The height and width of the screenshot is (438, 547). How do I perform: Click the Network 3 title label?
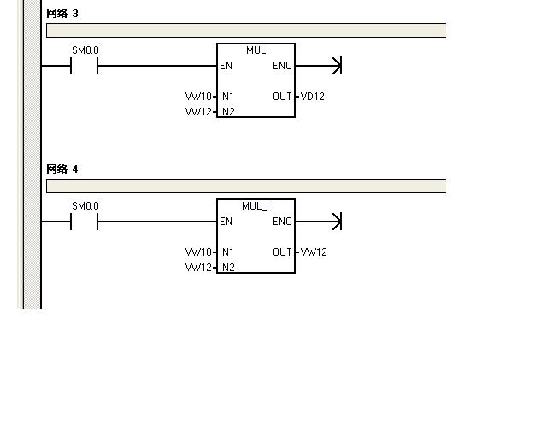pyautogui.click(x=62, y=14)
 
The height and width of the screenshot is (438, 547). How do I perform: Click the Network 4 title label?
pyautogui.click(x=62, y=169)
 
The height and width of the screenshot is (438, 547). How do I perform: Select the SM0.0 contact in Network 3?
pyautogui.click(x=85, y=66)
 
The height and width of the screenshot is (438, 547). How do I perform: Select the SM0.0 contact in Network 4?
pyautogui.click(x=85, y=222)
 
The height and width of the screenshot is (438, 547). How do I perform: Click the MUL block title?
pyautogui.click(x=256, y=50)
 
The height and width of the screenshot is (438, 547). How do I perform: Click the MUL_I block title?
pyautogui.click(x=256, y=206)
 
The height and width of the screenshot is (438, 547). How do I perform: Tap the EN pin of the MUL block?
pyautogui.click(x=226, y=66)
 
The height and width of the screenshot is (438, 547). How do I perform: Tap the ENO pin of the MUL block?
pyautogui.click(x=282, y=66)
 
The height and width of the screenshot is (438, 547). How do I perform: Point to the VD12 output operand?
pyautogui.click(x=313, y=97)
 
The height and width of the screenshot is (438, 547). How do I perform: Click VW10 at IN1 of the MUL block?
pyautogui.click(x=197, y=97)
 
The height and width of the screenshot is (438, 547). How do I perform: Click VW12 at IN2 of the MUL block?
pyautogui.click(x=197, y=112)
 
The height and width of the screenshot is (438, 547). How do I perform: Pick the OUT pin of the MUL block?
pyautogui.click(x=282, y=97)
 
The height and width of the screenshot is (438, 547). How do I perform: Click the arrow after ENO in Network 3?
pyautogui.click(x=336, y=66)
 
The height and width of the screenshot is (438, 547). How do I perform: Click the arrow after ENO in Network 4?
pyautogui.click(x=336, y=222)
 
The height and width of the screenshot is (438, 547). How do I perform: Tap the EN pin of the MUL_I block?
pyautogui.click(x=226, y=222)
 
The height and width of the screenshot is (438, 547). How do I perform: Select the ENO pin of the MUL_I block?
pyautogui.click(x=282, y=222)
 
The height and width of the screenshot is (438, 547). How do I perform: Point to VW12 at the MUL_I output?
pyautogui.click(x=314, y=252)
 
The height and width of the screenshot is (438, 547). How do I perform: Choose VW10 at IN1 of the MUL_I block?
pyautogui.click(x=197, y=252)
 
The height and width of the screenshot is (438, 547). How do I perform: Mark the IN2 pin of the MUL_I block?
pyautogui.click(x=227, y=268)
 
